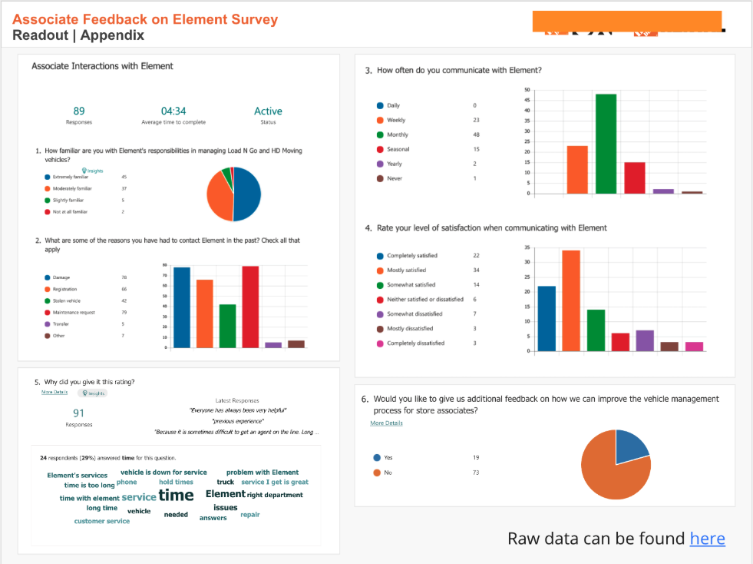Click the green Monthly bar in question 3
[606, 144]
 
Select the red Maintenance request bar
[250, 307]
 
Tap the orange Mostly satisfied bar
[571, 300]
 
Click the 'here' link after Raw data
[707, 539]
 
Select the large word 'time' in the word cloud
[176, 495]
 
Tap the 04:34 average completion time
[173, 111]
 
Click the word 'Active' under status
[268, 111]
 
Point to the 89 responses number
[79, 111]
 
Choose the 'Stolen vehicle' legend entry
[67, 301]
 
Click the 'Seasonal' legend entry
[398, 149]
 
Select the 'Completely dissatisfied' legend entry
[415, 343]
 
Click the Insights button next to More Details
[93, 393]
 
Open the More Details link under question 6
[386, 423]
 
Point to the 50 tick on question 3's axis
[527, 90]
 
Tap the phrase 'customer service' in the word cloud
[102, 521]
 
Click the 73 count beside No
[476, 473]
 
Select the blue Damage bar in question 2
[182, 307]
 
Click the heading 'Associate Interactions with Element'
[102, 66]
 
